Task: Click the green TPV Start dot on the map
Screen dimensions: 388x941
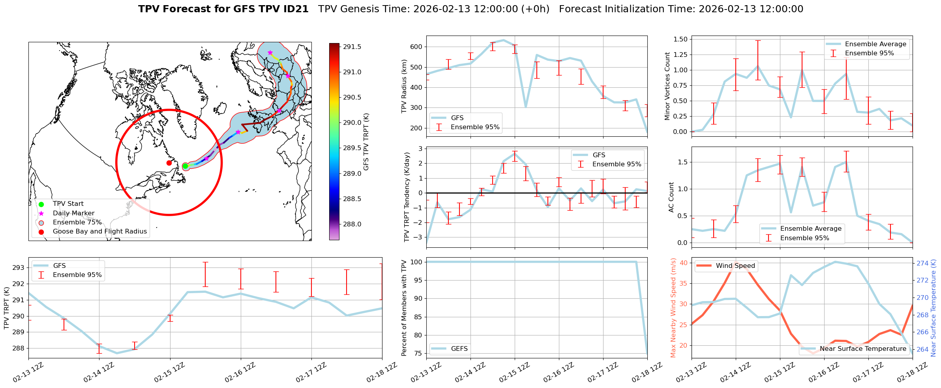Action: (x=185, y=166)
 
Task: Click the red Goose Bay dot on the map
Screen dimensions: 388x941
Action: (x=169, y=163)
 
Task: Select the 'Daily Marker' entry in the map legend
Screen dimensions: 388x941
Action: (x=73, y=213)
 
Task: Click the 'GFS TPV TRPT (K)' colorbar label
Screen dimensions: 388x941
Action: (x=366, y=141)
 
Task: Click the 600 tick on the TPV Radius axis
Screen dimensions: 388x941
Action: (x=416, y=47)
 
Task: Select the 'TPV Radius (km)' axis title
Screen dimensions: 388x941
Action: (x=404, y=86)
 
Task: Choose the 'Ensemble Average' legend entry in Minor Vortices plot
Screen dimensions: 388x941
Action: (x=875, y=44)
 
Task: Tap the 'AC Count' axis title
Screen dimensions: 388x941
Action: (x=671, y=197)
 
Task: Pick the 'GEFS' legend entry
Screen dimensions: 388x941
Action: (x=459, y=349)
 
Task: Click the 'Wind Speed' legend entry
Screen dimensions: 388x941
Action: (x=735, y=266)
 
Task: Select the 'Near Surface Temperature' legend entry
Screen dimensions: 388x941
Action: (x=863, y=349)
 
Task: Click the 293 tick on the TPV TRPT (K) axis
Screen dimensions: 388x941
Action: (x=18, y=268)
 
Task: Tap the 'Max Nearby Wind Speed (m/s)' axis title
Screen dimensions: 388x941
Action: (x=673, y=308)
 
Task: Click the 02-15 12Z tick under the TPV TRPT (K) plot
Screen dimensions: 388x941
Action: (x=170, y=372)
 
